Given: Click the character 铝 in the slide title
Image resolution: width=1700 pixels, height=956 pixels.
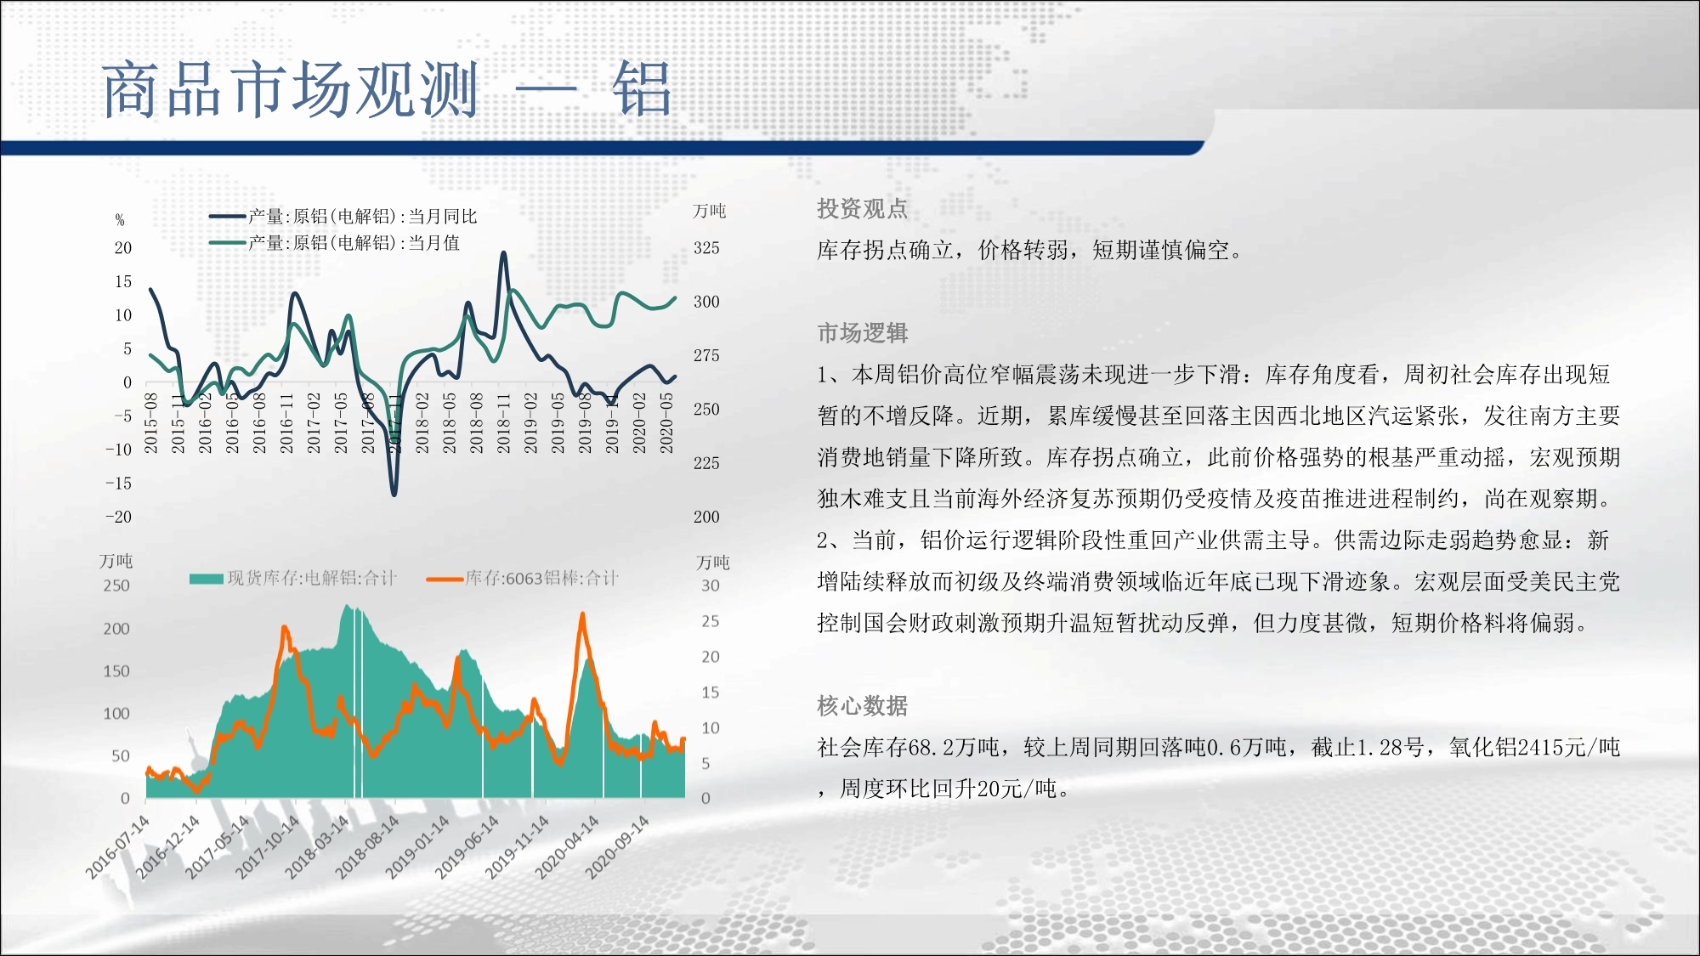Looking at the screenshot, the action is point(643,89).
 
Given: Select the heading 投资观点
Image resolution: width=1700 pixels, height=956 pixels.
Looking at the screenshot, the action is point(862,208).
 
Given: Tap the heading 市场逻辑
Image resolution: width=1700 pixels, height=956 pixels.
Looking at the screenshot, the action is point(862,332).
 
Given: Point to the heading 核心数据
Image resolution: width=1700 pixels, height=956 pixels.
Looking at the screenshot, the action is point(862,705).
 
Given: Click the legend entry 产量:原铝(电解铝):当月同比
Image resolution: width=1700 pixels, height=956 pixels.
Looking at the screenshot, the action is point(343,217).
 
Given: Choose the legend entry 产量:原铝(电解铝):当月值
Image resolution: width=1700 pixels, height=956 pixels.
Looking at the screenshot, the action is point(335,243).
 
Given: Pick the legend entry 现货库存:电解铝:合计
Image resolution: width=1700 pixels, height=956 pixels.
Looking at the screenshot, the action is point(293,579).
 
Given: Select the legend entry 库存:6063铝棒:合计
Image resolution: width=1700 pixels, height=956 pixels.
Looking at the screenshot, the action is point(523,579).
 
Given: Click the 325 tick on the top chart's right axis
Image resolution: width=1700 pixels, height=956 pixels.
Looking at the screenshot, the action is point(706,248).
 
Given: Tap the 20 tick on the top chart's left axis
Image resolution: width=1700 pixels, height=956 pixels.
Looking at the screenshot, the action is point(123,248).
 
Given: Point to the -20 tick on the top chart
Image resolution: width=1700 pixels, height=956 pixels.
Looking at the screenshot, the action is point(119,517).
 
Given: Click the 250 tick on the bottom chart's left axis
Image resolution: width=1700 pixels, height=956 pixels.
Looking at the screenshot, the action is point(116,585).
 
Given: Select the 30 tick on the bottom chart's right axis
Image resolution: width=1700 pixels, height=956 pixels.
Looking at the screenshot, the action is point(711,585).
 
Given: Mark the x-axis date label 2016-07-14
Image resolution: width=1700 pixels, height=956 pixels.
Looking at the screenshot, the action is point(117,846).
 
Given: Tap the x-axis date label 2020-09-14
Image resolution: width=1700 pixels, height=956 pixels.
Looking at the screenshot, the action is point(617,846).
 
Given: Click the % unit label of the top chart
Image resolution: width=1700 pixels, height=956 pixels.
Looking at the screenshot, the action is point(120,220).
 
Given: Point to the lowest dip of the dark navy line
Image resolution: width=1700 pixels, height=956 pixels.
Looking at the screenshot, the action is point(394,493).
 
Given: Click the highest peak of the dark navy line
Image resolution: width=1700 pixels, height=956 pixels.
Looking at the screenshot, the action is point(503,252).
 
